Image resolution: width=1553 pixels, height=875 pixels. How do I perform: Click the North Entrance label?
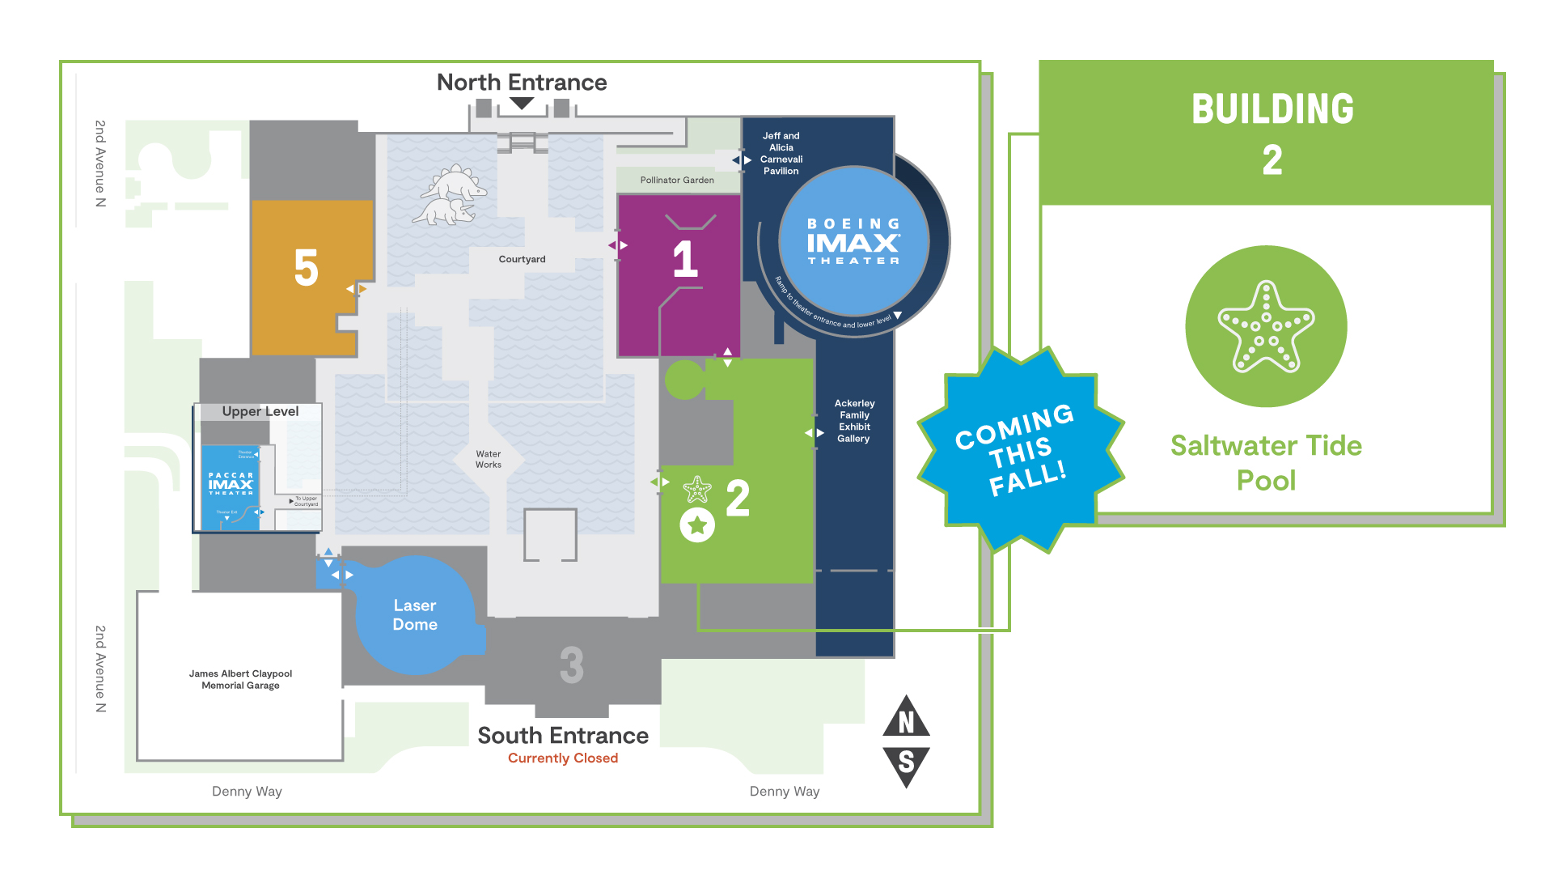click(522, 83)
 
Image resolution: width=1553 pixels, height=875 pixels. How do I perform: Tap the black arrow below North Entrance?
click(522, 104)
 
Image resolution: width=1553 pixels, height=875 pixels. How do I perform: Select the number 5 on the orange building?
click(306, 268)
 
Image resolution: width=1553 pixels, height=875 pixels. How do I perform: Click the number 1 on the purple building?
click(685, 259)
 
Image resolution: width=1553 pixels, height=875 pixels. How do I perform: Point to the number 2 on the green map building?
click(738, 498)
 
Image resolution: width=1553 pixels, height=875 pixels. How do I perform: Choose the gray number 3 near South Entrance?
click(571, 665)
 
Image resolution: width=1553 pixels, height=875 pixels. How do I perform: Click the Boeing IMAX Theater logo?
click(853, 241)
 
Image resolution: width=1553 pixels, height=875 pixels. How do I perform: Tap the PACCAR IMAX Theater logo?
click(231, 484)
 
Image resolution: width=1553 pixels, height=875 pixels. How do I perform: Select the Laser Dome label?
click(415, 615)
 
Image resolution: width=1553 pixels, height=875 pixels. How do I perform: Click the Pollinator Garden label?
click(677, 181)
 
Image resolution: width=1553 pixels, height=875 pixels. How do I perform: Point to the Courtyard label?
click(522, 260)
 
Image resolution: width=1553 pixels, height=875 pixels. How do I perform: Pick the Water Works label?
click(489, 460)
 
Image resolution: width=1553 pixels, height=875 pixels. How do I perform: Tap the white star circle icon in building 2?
click(697, 526)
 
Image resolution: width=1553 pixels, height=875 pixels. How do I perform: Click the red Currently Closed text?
click(563, 758)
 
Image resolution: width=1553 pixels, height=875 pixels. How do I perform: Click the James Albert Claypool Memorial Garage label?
click(240, 679)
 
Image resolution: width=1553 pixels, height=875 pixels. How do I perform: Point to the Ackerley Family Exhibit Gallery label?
click(854, 421)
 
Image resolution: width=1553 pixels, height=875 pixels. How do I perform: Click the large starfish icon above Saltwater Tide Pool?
click(1266, 326)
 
